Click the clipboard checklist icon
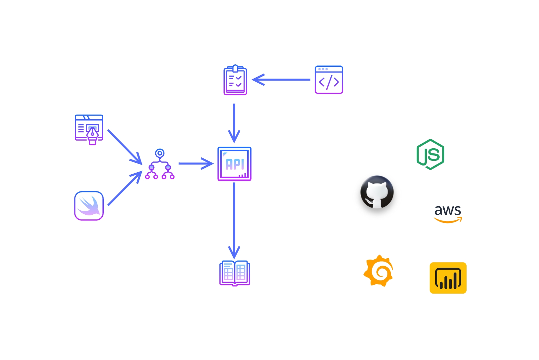[235, 80]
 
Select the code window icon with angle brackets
[329, 80]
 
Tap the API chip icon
[234, 164]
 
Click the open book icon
[234, 273]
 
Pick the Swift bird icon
[89, 206]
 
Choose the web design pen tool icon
[89, 129]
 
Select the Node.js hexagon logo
[431, 154]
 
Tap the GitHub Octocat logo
[377, 192]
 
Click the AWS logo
[448, 214]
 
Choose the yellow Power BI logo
[448, 278]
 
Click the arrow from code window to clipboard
[282, 80]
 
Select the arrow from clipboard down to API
[234, 123]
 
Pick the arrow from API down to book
[234, 219]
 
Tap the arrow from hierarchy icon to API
[195, 164]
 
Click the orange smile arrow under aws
[448, 221]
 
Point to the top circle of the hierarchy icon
[160, 153]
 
